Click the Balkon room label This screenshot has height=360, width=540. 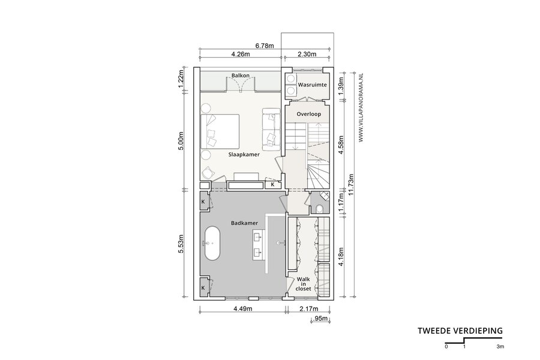[241, 76]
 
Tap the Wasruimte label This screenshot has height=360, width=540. [313, 85]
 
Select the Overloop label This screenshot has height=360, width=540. [309, 114]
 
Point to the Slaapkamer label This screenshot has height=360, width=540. [244, 155]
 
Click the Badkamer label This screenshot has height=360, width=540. [244, 223]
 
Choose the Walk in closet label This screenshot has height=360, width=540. [303, 284]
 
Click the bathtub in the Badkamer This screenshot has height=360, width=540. [212, 244]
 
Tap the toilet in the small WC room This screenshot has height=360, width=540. [320, 209]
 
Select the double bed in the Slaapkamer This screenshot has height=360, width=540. [220, 131]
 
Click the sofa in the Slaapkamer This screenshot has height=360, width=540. [271, 129]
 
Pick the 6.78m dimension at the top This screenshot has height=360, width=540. [265, 46]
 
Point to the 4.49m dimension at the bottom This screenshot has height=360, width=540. [243, 308]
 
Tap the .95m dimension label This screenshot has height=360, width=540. [320, 319]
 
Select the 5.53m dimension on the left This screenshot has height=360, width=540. [181, 244]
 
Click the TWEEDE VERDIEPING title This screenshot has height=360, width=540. [460, 331]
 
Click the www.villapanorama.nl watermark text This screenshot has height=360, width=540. [361, 107]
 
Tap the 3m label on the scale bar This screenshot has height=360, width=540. [500, 347]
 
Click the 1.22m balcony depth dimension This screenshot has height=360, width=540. [181, 78]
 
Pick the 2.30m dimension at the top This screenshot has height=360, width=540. [307, 54]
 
